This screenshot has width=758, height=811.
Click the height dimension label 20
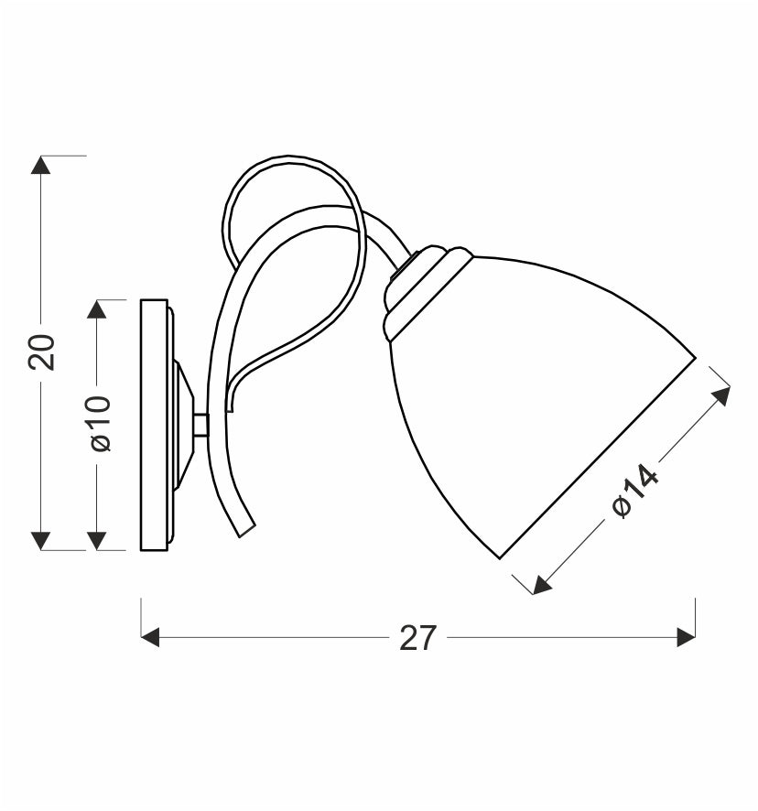41,351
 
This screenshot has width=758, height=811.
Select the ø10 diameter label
101,424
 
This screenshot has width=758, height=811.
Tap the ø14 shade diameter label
634,490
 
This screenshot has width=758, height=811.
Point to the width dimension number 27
418,638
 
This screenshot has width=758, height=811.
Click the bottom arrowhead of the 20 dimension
41,540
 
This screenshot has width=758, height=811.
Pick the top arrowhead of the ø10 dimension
97,308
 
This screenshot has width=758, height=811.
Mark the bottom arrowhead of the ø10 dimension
97,540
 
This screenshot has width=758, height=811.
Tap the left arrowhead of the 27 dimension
150,637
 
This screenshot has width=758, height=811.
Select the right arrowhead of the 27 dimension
686,637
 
